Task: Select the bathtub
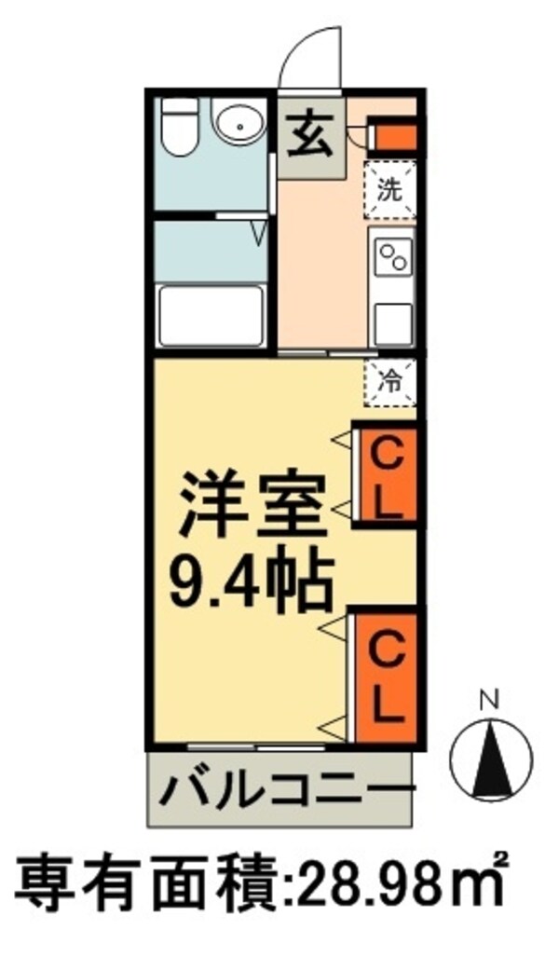click(x=211, y=316)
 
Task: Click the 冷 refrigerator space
click(x=390, y=380)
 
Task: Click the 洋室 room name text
click(x=252, y=504)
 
